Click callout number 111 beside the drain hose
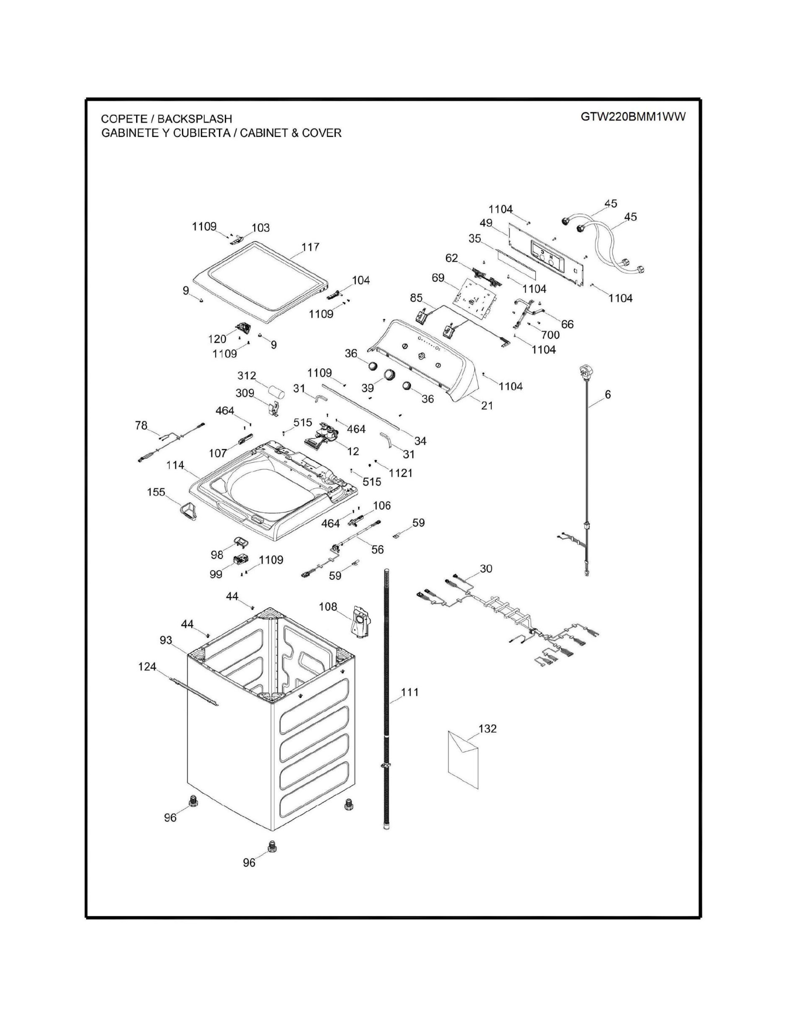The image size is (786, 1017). point(410,705)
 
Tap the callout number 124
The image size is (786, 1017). point(147,667)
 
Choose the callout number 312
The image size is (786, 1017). point(247,376)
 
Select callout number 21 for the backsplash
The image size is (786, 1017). point(487,406)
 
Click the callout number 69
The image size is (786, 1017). point(438,278)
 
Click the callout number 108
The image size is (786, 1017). point(328,607)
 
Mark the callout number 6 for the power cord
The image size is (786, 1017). point(608,394)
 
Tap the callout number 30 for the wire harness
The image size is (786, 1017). point(486,569)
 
